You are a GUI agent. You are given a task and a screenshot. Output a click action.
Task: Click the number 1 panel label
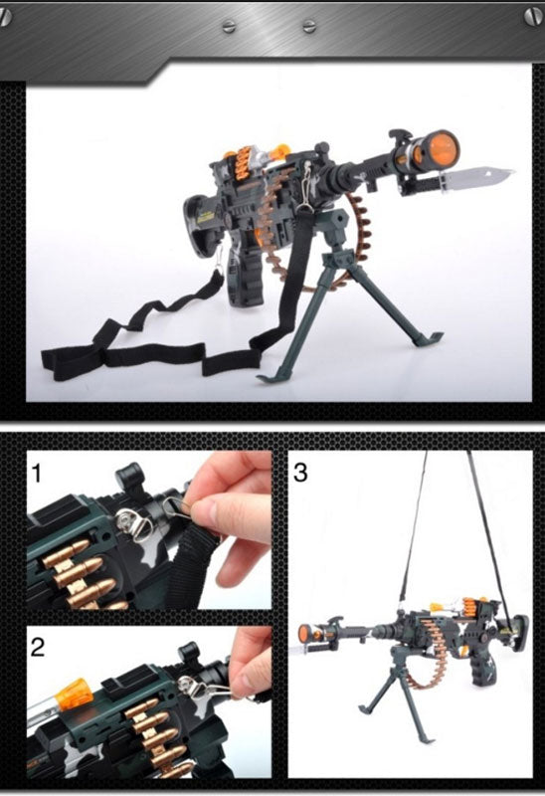pos(36,474)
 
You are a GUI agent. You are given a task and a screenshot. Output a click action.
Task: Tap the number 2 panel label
pos(38,647)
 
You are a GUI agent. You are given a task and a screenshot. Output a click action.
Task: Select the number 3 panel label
pos(300,473)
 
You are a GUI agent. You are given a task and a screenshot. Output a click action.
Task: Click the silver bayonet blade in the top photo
pos(477,177)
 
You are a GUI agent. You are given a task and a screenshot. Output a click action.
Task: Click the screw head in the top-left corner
pos(5,17)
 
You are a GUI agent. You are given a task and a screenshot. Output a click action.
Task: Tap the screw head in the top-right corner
pos(534,16)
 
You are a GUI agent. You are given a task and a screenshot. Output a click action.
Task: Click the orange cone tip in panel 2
pos(74,694)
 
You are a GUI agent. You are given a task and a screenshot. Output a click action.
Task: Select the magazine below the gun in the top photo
pos(246,280)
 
